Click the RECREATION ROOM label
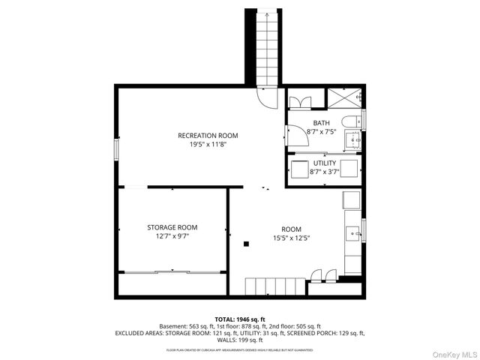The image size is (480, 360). click(208, 136)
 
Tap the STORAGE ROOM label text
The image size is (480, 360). click(172, 227)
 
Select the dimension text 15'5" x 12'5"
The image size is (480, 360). click(291, 238)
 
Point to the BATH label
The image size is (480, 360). click(321, 123)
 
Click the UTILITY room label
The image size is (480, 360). click(325, 163)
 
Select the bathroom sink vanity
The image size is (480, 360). click(353, 139)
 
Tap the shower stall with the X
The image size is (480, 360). click(344, 98)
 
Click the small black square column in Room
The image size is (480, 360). click(246, 243)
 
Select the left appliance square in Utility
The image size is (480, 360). click(300, 167)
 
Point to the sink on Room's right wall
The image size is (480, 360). click(352, 234)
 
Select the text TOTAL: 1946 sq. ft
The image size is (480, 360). click(239, 319)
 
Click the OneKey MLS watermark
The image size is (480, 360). click(449, 351)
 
